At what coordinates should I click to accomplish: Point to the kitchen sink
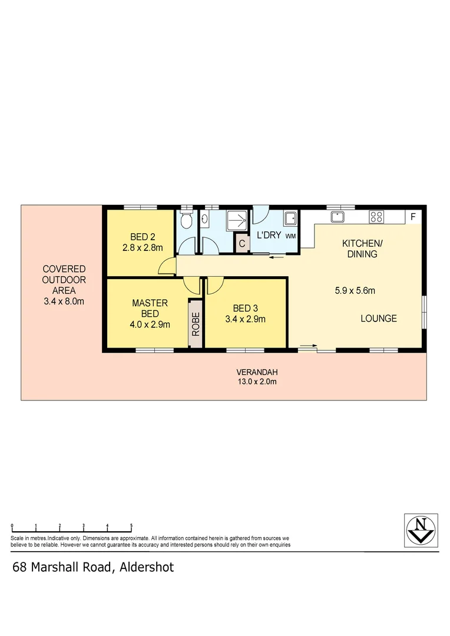click(337, 217)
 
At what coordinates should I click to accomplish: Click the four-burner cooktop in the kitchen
click(376, 217)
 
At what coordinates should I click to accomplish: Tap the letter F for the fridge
click(413, 217)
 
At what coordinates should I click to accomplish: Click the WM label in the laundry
click(290, 236)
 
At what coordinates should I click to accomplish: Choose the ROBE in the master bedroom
click(196, 323)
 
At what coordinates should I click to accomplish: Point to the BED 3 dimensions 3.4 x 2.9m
click(245, 320)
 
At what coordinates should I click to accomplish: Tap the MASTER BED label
click(150, 308)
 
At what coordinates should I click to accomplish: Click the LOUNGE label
click(379, 319)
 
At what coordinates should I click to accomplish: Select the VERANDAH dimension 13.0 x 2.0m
click(256, 382)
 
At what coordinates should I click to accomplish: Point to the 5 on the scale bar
click(131, 525)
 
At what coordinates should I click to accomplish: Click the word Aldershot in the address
click(147, 568)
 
